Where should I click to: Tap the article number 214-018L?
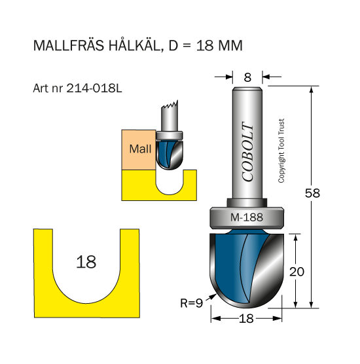tap(94, 88)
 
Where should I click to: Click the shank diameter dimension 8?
tap(247, 77)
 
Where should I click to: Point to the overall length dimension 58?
tap(312, 193)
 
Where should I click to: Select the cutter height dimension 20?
tap(297, 272)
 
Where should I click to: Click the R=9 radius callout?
tap(192, 303)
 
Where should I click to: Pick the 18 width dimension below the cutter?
tap(246, 319)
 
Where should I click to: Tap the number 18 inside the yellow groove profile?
tap(86, 262)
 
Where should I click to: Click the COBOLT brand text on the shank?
tap(247, 151)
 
